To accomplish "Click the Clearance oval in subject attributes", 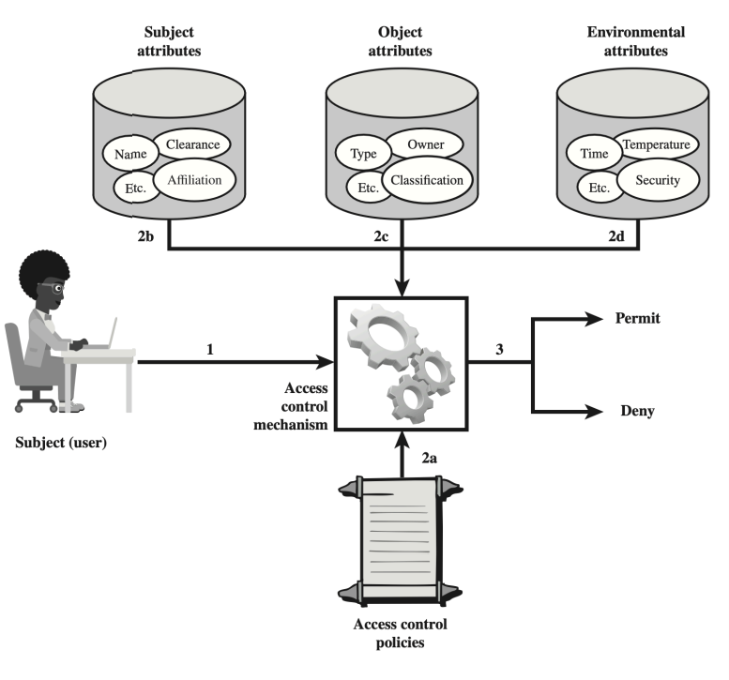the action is pyautogui.click(x=192, y=144).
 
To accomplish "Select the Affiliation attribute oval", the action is pyautogui.click(x=194, y=180).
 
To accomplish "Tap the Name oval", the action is pyautogui.click(x=130, y=154).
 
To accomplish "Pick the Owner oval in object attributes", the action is pyautogui.click(x=425, y=144).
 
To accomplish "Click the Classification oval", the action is pyautogui.click(x=427, y=180).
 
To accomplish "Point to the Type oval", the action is pyautogui.click(x=364, y=154).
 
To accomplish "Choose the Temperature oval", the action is pyautogui.click(x=656, y=144).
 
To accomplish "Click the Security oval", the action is pyautogui.click(x=658, y=180).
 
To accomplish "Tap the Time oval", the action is pyautogui.click(x=594, y=154).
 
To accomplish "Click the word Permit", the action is pyautogui.click(x=637, y=318).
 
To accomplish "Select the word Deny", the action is pyautogui.click(x=637, y=411).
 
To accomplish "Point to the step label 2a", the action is pyautogui.click(x=429, y=459).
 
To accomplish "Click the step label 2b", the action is pyautogui.click(x=145, y=236).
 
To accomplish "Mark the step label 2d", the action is pyautogui.click(x=616, y=236).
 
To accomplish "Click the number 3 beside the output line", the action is pyautogui.click(x=499, y=349).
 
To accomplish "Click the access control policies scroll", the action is pyautogui.click(x=401, y=541).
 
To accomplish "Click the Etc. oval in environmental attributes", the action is pyautogui.click(x=599, y=188).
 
